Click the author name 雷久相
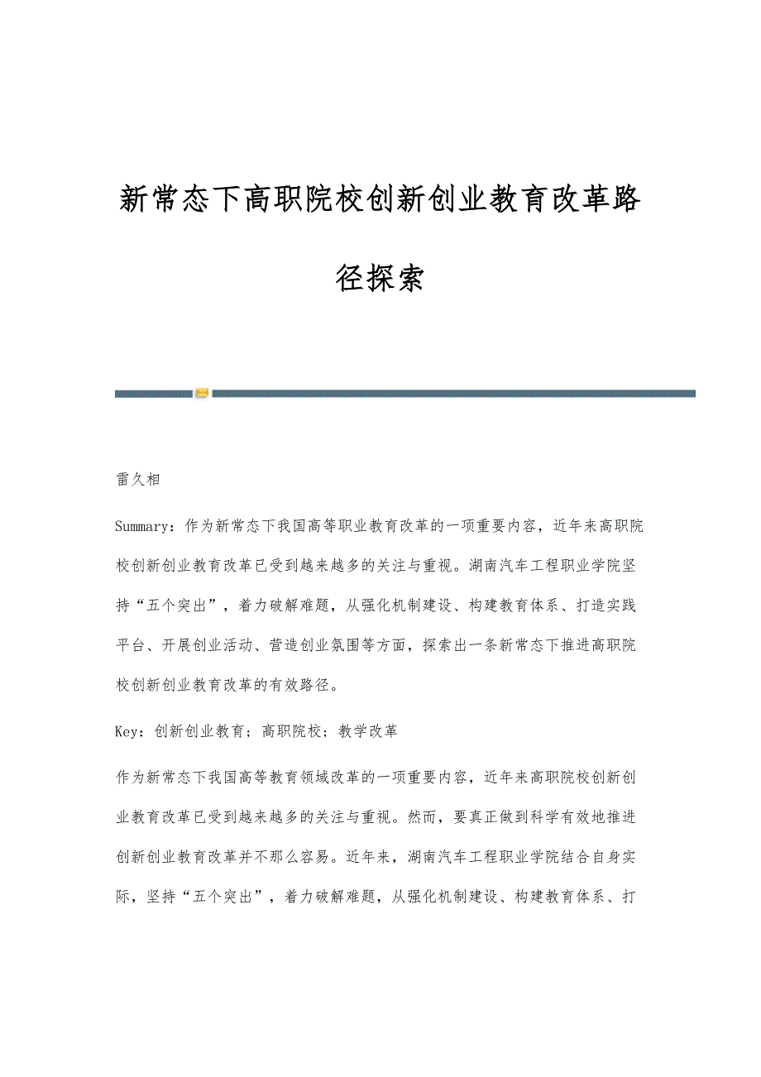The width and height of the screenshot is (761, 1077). [x=137, y=480]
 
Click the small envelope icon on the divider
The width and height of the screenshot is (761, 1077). [x=202, y=393]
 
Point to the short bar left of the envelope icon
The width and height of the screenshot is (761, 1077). [x=154, y=394]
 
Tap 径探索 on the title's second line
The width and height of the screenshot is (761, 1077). [x=380, y=279]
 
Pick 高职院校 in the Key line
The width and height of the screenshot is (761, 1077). [x=291, y=731]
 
